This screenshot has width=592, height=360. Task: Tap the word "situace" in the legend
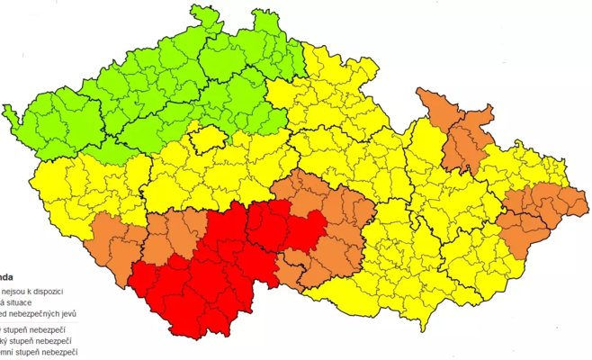pos(25,303)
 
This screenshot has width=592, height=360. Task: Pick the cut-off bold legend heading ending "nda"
pos(8,278)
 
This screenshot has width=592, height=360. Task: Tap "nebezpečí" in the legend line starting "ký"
pos(54,342)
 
